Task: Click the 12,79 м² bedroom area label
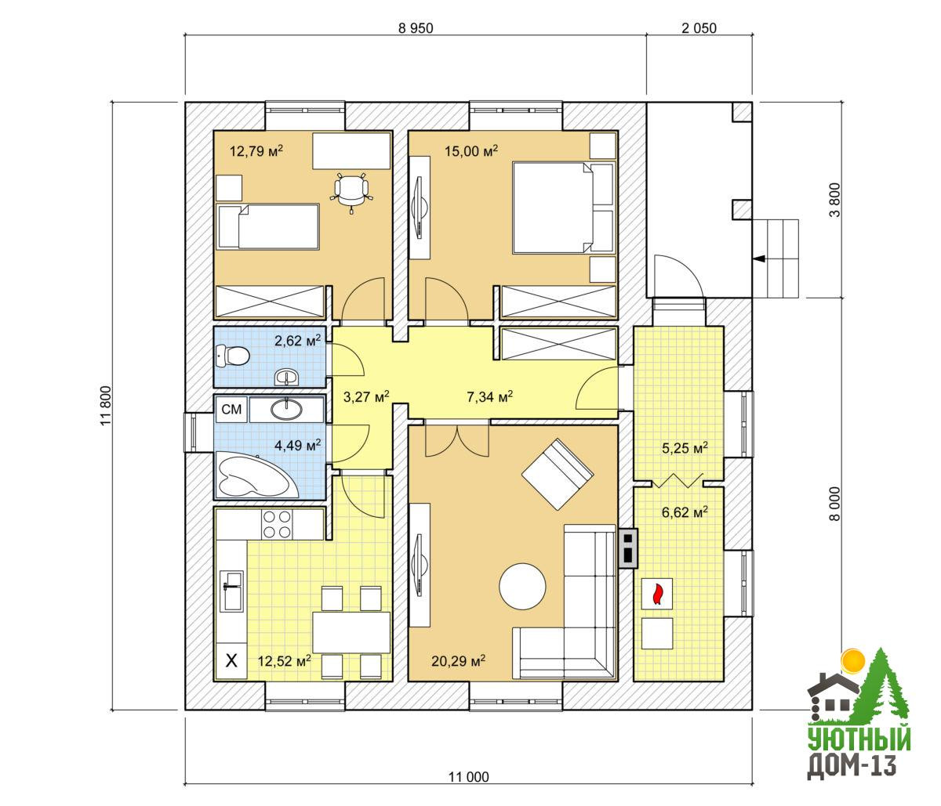coord(256,150)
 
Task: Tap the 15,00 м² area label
coord(470,150)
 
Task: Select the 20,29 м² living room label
coord(458,661)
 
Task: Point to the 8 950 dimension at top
coord(416,28)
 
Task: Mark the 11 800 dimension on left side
coord(106,405)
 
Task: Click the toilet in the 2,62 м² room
coord(233,356)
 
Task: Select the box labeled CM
coord(231,410)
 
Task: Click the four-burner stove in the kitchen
coord(277,525)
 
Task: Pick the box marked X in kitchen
coord(231,660)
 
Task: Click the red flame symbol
coord(657,594)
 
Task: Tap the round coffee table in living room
coord(522,587)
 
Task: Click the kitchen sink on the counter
coord(232,591)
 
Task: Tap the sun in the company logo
coord(852,662)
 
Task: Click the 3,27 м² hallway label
coord(366,397)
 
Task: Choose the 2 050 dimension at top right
coord(699,28)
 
